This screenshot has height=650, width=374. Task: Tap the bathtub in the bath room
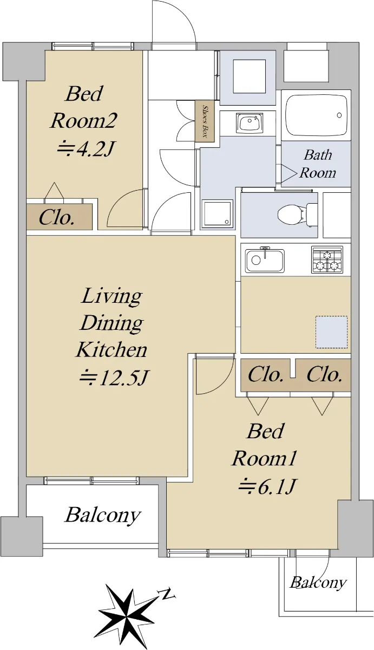coord(316,115)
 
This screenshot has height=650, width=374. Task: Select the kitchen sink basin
coord(265,261)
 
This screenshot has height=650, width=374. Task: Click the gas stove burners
coord(327,259)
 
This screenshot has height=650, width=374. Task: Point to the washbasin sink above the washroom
coord(250,122)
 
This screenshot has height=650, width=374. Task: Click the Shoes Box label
coord(205,121)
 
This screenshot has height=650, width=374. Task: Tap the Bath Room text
coord(318,164)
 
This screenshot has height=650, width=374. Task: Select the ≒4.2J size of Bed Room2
coord(84,149)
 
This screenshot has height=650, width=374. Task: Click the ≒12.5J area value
coord(114,378)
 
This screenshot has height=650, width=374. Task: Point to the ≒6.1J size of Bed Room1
coord(267,486)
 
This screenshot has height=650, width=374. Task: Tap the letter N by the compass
coord(166,594)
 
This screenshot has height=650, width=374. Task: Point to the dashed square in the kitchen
coord(331,332)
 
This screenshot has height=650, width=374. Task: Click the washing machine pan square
coord(218,213)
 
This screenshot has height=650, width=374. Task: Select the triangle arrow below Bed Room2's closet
coord(55,191)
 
